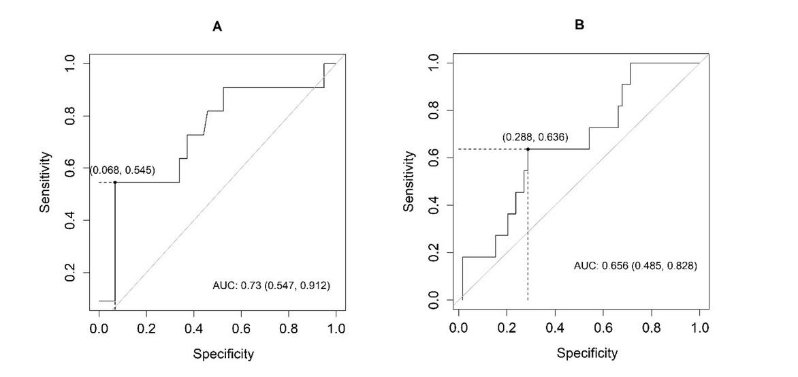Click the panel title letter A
pyautogui.click(x=217, y=27)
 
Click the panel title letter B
pyautogui.click(x=579, y=25)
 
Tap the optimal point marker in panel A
pyautogui.click(x=115, y=182)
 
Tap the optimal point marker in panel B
pyautogui.click(x=528, y=149)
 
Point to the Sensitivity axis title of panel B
pyautogui.click(x=409, y=181)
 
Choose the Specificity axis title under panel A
pyautogui.click(x=223, y=354)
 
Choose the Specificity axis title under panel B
pyautogui.click(x=587, y=353)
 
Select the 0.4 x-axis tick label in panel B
pyautogui.click(x=555, y=328)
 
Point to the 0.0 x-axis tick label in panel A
pyautogui.click(x=99, y=329)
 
